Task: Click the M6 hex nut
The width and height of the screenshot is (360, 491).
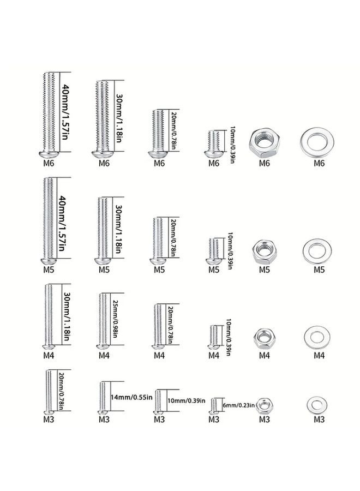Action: tap(265, 142)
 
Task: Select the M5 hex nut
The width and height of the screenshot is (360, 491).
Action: tap(265, 252)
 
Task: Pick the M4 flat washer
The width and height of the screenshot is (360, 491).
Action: tap(317, 338)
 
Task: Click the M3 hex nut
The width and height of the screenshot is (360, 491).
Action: tap(265, 406)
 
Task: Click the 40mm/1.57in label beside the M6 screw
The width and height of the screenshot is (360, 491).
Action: tap(65, 112)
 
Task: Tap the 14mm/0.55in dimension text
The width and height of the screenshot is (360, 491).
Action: tap(131, 397)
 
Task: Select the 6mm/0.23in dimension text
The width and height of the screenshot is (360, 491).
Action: tap(238, 405)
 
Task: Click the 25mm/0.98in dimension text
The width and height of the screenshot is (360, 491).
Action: tap(115, 319)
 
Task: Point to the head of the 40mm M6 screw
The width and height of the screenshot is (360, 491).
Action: tap(49, 155)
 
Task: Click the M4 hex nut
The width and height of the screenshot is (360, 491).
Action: tap(265, 338)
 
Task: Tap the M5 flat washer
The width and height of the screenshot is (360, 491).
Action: tap(317, 251)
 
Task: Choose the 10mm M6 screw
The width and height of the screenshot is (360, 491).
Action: tap(214, 143)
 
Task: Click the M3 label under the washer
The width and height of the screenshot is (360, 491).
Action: tap(319, 420)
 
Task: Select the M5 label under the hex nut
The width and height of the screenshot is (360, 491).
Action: tap(264, 270)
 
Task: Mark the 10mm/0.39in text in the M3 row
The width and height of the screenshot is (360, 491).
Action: tap(187, 400)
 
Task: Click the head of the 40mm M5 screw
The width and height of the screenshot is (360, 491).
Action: tap(49, 261)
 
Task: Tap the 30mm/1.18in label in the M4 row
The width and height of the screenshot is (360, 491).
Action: tap(67, 316)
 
